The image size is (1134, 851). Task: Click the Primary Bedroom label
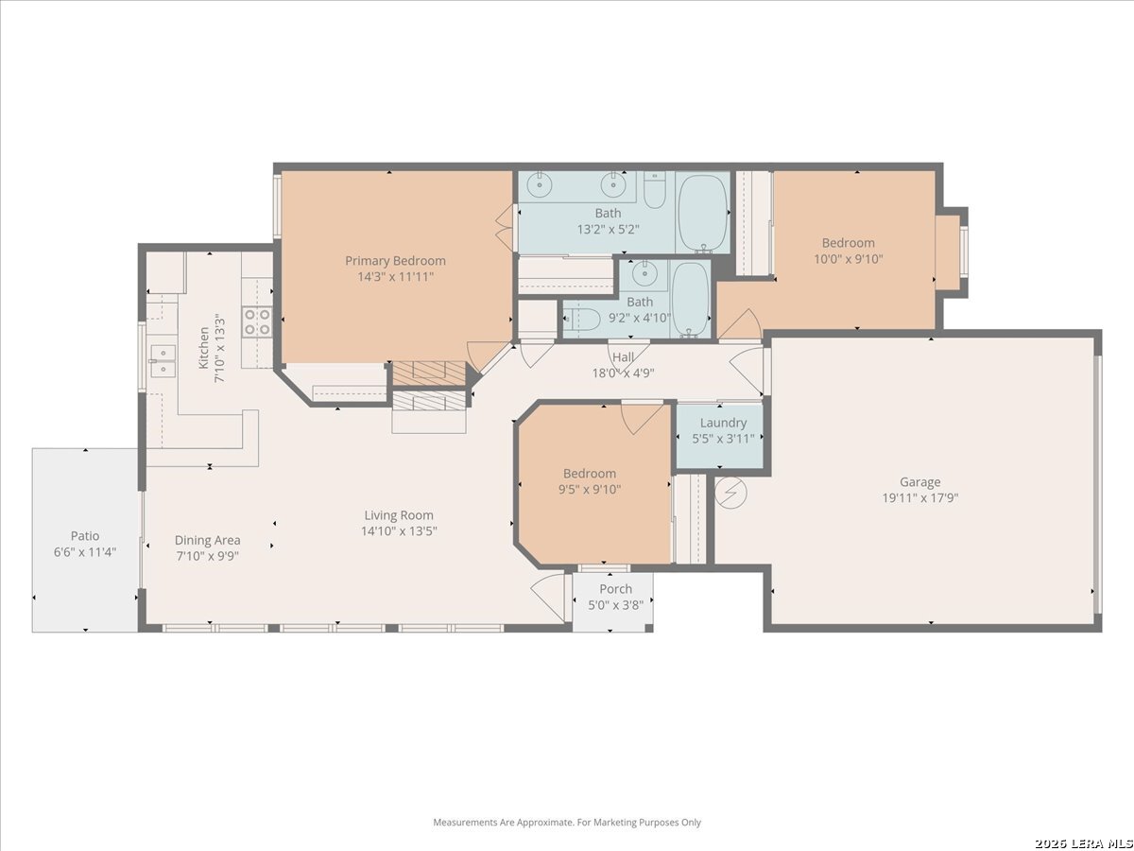coord(395,261)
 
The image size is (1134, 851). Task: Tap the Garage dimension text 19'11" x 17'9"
coord(920,498)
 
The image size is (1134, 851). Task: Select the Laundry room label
coord(723,423)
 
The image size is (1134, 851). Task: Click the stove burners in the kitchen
coord(257,321)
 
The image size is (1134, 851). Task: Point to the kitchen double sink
coord(163,359)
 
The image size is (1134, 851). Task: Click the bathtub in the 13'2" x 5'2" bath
coord(703,213)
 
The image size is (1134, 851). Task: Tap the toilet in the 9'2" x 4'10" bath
coord(582,320)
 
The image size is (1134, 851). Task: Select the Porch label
coord(615,589)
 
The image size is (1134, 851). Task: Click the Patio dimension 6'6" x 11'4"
coord(85,552)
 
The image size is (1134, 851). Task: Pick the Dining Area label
coord(207,541)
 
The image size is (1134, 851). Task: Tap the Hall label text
coord(623,357)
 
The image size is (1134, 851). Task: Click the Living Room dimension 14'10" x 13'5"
coord(399,531)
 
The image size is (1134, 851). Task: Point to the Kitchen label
coord(203,348)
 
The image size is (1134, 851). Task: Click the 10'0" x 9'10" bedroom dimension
coord(849,259)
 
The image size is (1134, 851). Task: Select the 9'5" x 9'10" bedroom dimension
coord(590,489)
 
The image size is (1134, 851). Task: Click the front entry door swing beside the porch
coord(548,597)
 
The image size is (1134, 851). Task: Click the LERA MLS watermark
coord(1083,843)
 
